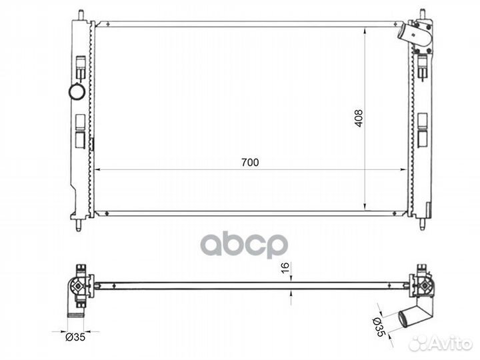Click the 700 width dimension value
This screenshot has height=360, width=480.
(x=250, y=162)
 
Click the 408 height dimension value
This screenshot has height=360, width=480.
(x=359, y=118)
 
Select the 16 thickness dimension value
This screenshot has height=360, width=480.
(x=285, y=268)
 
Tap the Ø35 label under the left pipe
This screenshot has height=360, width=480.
(x=75, y=337)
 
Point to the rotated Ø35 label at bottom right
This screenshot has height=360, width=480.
(x=378, y=327)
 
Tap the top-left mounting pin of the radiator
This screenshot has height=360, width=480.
(x=81, y=15)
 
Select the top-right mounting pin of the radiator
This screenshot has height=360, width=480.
(x=423, y=14)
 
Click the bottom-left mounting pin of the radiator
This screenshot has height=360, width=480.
(x=79, y=225)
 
